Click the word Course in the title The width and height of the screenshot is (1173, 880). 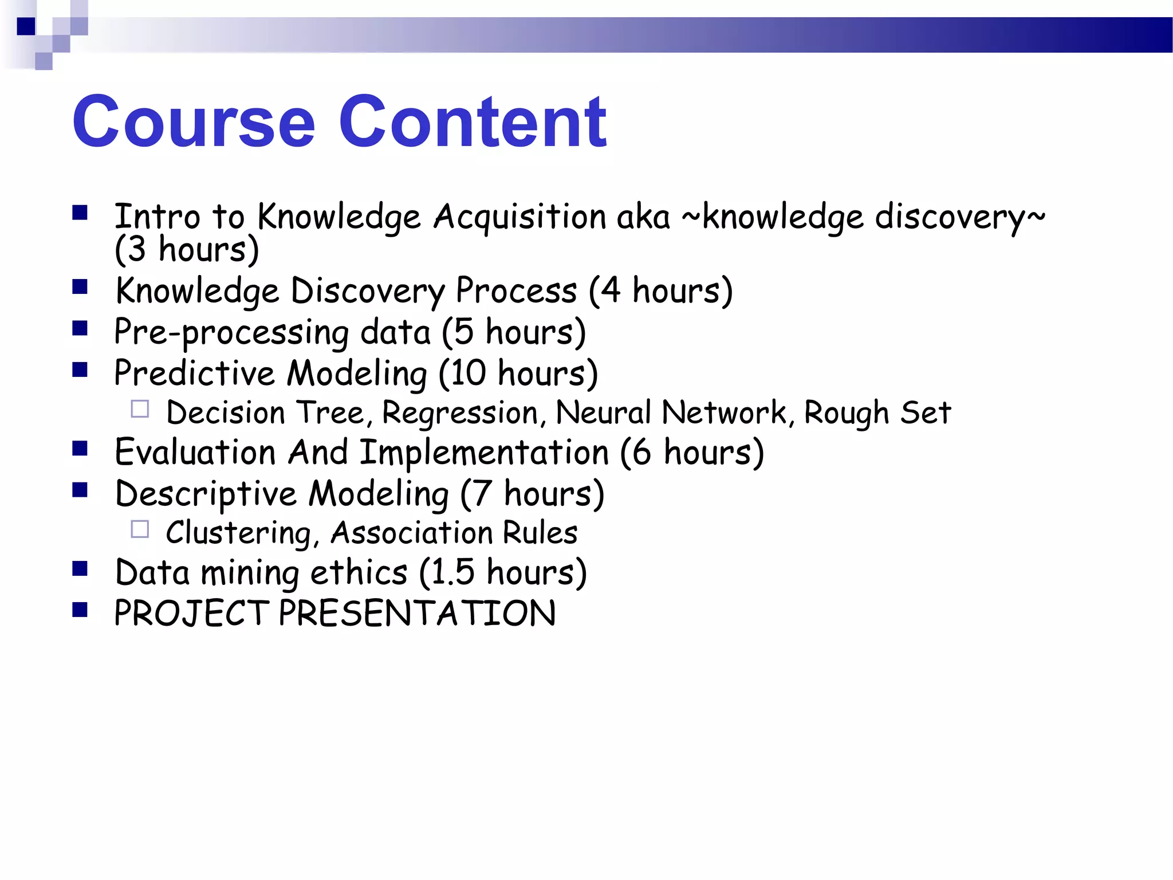click(194, 122)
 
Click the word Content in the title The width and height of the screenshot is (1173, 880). click(473, 122)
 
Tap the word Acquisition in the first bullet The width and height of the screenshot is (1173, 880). click(519, 217)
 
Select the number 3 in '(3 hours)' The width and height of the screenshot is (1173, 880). click(137, 249)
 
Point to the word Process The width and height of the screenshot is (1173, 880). click(516, 290)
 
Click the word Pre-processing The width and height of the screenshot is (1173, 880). click(231, 332)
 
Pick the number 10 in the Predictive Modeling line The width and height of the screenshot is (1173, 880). click(468, 373)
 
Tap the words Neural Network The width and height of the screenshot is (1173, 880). click(671, 412)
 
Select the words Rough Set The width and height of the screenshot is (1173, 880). click(877, 412)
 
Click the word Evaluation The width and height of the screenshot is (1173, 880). click(195, 452)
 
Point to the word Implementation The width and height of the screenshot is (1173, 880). click(484, 453)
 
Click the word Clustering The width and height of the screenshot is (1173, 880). click(239, 533)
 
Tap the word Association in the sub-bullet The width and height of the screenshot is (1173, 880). click(411, 533)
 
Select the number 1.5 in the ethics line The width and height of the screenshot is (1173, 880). click(452, 572)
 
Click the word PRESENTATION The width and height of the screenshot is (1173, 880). click(417, 613)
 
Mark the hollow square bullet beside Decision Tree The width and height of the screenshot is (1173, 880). click(140, 409)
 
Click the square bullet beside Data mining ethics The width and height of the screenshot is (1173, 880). click(80, 568)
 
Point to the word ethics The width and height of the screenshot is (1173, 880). click(359, 572)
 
